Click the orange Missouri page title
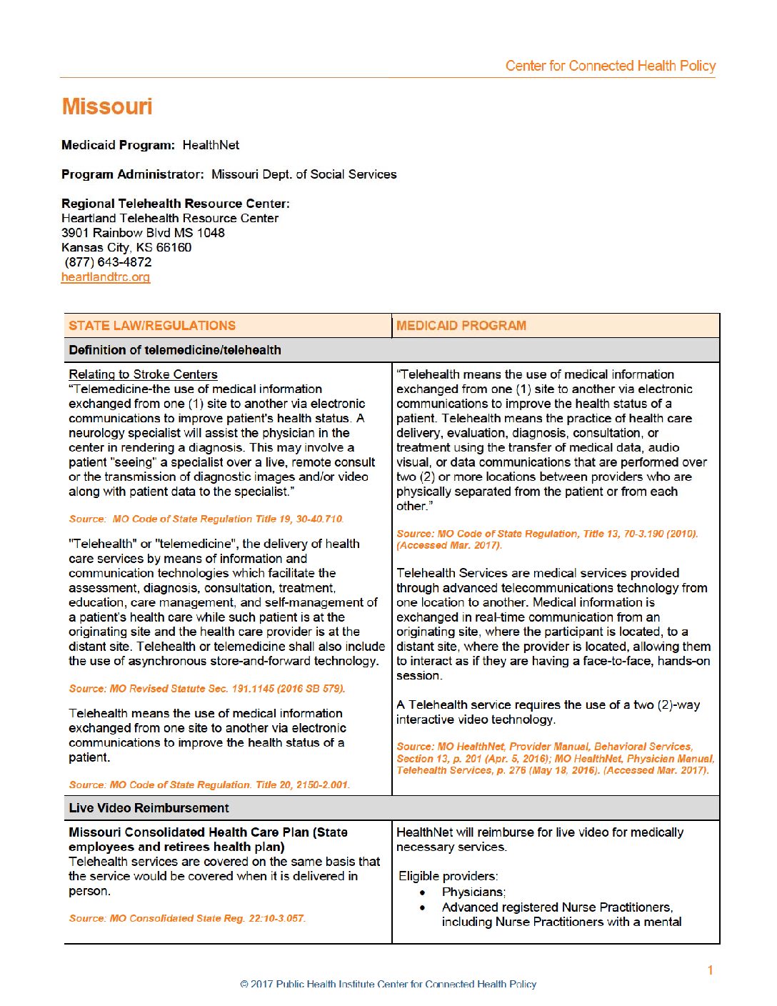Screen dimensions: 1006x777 coord(107,106)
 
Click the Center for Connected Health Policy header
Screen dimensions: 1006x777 coord(610,66)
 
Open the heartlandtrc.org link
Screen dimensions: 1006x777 coord(106,277)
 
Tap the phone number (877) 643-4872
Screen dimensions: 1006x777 coord(108,262)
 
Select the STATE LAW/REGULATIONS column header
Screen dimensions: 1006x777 coord(152,326)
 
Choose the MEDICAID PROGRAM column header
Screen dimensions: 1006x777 coord(461,326)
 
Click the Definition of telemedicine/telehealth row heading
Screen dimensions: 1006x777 coord(175,350)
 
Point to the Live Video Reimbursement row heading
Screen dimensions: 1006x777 coord(149,808)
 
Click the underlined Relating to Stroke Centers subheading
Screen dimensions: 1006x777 coord(143,374)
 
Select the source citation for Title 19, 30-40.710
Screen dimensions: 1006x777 coord(206,519)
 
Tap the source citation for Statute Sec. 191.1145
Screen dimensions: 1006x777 coord(207,689)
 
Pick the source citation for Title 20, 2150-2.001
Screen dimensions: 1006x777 coord(209,785)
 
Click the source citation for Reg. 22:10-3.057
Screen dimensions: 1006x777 coord(187,918)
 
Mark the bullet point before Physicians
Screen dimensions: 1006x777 coord(423,892)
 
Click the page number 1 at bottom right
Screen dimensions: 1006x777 coord(710,970)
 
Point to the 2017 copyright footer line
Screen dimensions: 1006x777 coord(388,984)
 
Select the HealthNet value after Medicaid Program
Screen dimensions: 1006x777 coord(211,145)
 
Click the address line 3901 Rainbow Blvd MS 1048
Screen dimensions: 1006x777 coord(143,233)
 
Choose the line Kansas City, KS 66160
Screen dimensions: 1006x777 coord(126,248)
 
